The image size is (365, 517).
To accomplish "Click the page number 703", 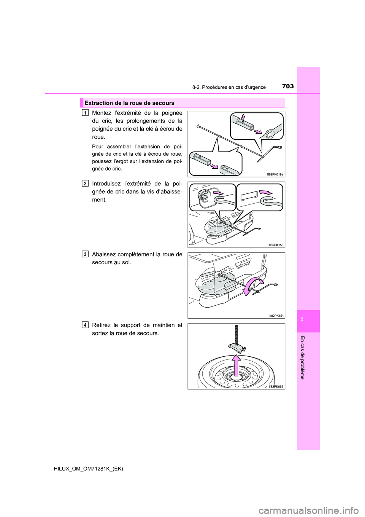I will click(x=288, y=86).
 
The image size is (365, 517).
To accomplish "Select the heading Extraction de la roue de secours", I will click(x=129, y=103).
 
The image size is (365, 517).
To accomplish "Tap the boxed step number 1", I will click(x=85, y=112).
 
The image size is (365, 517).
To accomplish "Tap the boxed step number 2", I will click(x=85, y=183).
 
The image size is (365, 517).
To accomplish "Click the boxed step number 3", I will click(x=85, y=254).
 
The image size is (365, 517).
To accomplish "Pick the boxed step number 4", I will click(x=85, y=325).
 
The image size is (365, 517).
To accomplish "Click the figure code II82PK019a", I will click(x=275, y=174).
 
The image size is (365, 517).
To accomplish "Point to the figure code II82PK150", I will click(x=276, y=245).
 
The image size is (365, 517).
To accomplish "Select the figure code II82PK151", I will click(x=276, y=316).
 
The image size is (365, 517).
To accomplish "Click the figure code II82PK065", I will click(x=276, y=386).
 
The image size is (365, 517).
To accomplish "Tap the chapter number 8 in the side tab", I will click(x=302, y=319).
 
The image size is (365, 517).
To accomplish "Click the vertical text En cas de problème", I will click(x=302, y=357).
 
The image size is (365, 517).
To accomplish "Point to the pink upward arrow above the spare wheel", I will click(x=236, y=365).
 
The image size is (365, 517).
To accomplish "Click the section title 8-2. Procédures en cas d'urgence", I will click(x=229, y=87).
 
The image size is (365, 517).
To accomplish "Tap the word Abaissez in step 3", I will click(x=104, y=254).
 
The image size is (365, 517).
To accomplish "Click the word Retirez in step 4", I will click(x=102, y=325).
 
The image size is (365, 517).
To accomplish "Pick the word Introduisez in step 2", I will click(x=108, y=184).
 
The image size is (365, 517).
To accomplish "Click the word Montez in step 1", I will click(x=102, y=113).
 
